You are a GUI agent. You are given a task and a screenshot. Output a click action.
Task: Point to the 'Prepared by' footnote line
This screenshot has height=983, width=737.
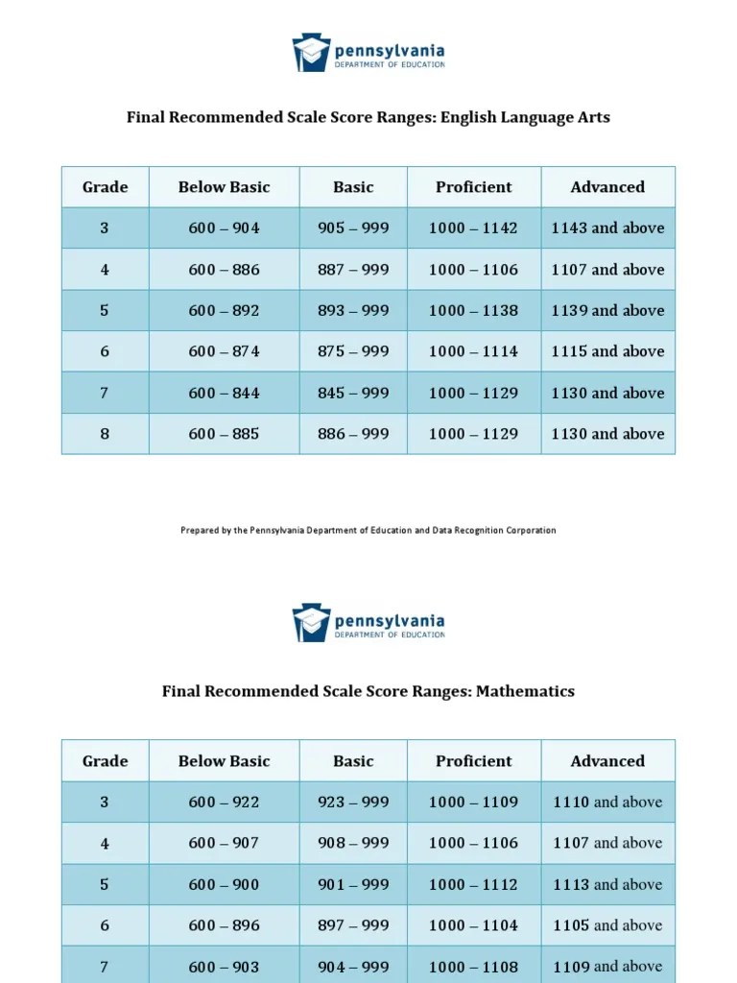[368, 530]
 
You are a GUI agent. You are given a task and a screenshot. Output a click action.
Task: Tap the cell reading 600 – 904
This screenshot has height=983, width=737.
[224, 228]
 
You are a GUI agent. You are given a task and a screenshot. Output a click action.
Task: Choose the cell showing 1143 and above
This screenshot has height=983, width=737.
[607, 228]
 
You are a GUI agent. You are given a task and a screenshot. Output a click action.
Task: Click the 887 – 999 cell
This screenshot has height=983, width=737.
[353, 270]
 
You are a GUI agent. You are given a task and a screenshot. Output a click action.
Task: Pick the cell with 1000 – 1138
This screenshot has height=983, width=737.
[473, 311]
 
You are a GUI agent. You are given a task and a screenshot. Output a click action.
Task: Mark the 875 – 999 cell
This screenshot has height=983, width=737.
[353, 351]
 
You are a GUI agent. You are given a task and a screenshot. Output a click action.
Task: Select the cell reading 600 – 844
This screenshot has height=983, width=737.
[224, 393]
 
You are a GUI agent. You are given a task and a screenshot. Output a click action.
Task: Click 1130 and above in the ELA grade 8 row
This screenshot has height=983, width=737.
[607, 434]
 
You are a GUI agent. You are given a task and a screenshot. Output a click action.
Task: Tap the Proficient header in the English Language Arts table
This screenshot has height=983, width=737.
[473, 187]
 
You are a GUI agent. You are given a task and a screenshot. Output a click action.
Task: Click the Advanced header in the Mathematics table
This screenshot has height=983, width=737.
[607, 761]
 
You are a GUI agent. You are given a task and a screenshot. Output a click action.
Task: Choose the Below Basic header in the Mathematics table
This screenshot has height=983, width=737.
[224, 761]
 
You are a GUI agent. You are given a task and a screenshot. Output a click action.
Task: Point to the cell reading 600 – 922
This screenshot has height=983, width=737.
[224, 803]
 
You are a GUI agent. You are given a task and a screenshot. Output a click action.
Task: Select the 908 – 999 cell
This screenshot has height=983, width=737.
[353, 843]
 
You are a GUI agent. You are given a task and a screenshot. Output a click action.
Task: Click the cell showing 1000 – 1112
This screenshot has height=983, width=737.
[473, 884]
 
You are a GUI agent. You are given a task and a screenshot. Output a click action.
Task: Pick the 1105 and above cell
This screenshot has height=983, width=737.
[607, 925]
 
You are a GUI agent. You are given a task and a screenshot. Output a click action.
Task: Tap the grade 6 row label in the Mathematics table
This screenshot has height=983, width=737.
[105, 925]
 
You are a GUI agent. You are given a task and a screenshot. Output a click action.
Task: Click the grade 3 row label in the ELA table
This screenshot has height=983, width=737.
[105, 228]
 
